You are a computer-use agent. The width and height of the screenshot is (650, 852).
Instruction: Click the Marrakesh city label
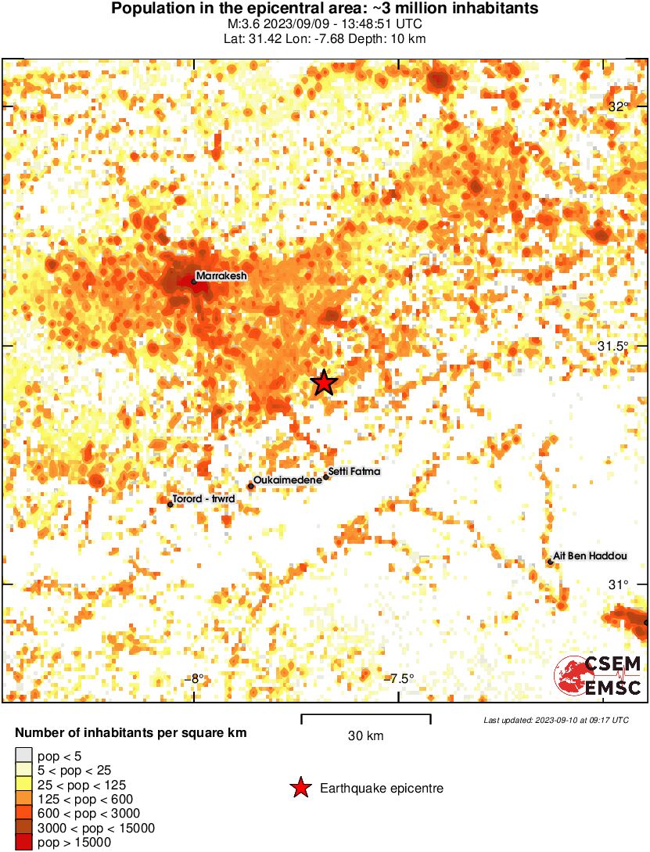click(221, 276)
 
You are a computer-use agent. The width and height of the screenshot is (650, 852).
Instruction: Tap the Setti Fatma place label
click(354, 471)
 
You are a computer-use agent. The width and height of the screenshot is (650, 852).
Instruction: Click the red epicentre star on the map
click(323, 383)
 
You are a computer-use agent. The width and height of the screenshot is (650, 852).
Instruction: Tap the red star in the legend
click(300, 789)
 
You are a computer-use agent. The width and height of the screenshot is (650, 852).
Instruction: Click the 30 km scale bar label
click(365, 736)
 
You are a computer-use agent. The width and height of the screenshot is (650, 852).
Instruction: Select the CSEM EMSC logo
click(598, 676)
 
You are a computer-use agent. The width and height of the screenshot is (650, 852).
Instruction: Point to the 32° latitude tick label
click(619, 106)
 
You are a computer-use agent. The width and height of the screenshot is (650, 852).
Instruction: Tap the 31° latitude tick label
click(619, 584)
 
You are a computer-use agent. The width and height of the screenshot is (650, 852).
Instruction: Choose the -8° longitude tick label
click(196, 678)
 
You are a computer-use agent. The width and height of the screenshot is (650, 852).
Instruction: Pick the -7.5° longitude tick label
click(401, 678)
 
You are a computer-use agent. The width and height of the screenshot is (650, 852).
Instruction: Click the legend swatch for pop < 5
click(23, 756)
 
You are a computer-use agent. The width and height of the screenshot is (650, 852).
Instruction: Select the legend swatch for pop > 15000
click(23, 842)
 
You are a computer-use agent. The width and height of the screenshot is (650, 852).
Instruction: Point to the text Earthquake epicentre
click(382, 789)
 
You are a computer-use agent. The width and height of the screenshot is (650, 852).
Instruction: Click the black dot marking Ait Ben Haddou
click(551, 561)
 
